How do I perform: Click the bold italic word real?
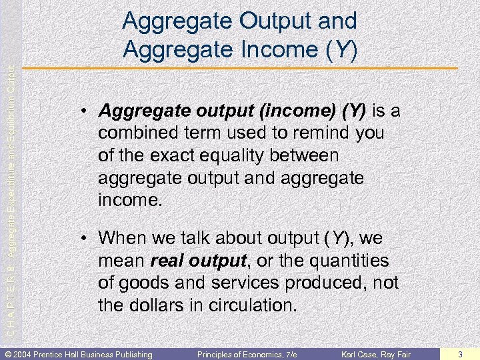pyautogui.click(x=169, y=260)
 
